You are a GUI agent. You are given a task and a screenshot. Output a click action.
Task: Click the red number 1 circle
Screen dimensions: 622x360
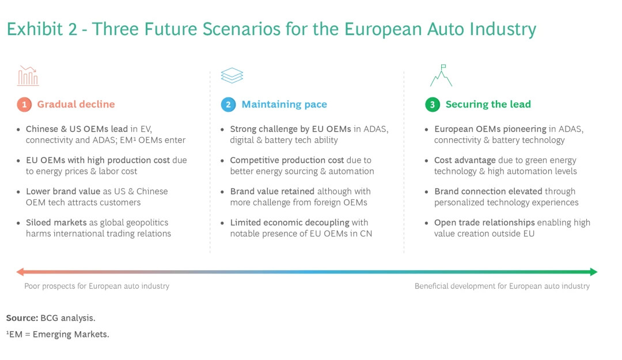pyautogui.click(x=24, y=104)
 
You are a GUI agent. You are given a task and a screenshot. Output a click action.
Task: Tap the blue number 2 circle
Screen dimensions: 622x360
pyautogui.click(x=228, y=104)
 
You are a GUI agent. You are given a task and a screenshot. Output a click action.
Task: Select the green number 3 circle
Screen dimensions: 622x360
pyautogui.click(x=433, y=104)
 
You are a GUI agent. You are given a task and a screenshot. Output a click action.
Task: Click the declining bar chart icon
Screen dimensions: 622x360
pyautogui.click(x=28, y=76)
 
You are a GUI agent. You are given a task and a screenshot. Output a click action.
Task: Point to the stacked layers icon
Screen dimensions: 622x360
pyautogui.click(x=232, y=75)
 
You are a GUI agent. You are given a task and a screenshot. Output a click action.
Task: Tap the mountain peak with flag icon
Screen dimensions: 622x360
pyautogui.click(x=441, y=75)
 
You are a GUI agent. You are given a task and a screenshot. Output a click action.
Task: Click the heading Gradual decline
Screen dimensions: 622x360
pyautogui.click(x=76, y=104)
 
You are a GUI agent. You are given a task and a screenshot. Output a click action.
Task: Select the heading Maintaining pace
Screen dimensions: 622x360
pyautogui.click(x=285, y=104)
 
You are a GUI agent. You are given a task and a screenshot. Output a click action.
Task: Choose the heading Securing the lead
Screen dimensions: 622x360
pyautogui.click(x=488, y=104)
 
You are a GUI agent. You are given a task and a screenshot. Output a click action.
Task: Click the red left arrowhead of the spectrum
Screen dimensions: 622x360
pyautogui.click(x=20, y=272)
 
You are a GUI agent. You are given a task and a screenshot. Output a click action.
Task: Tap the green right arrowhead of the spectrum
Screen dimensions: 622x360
pyautogui.click(x=594, y=272)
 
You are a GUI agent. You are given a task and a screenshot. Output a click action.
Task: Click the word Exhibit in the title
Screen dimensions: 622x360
pyautogui.click(x=35, y=29)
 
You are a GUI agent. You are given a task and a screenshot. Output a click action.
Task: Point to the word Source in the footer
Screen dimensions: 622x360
pyautogui.click(x=22, y=318)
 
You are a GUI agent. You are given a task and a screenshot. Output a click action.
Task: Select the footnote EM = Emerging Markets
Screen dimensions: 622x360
pyautogui.click(x=58, y=334)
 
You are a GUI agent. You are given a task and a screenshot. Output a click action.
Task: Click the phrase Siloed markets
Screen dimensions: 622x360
pyautogui.click(x=56, y=223)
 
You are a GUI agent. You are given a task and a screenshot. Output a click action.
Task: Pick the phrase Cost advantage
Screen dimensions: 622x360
pyautogui.click(x=465, y=160)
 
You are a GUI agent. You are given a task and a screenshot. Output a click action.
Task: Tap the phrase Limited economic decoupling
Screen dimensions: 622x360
pyautogui.click(x=290, y=223)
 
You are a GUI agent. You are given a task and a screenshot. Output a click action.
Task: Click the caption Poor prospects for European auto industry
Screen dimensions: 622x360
pyautogui.click(x=97, y=286)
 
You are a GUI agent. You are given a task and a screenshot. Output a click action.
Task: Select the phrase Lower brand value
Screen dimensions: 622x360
pyautogui.click(x=63, y=191)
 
